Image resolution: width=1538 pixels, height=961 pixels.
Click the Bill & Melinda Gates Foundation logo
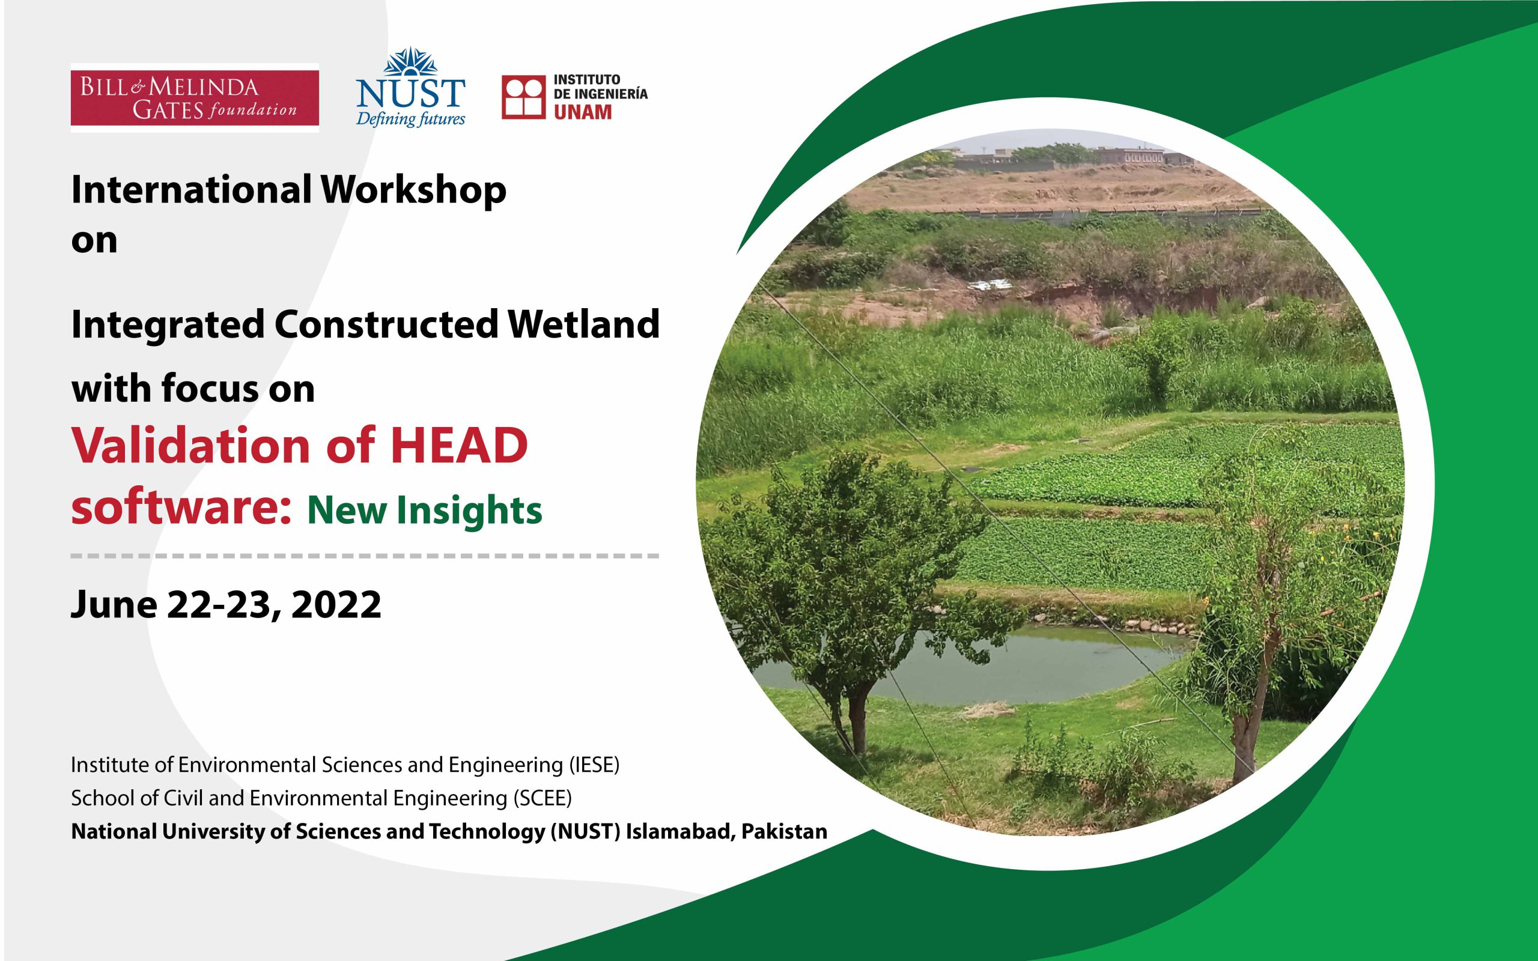[x=195, y=98]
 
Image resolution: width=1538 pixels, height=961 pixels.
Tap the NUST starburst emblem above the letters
[x=410, y=62]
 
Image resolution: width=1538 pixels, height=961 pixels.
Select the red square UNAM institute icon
[x=523, y=98]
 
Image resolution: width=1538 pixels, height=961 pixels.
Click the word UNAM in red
[x=583, y=112]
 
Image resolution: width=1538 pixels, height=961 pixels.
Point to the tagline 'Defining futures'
[x=410, y=119]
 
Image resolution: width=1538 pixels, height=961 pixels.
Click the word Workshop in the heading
[x=414, y=190]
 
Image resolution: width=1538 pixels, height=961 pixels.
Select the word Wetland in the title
[x=583, y=324]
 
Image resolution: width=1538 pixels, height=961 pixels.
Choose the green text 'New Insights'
[x=425, y=511]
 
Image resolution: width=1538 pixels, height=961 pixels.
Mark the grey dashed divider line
[x=365, y=556]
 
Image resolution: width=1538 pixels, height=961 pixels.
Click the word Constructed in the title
[x=386, y=324]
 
